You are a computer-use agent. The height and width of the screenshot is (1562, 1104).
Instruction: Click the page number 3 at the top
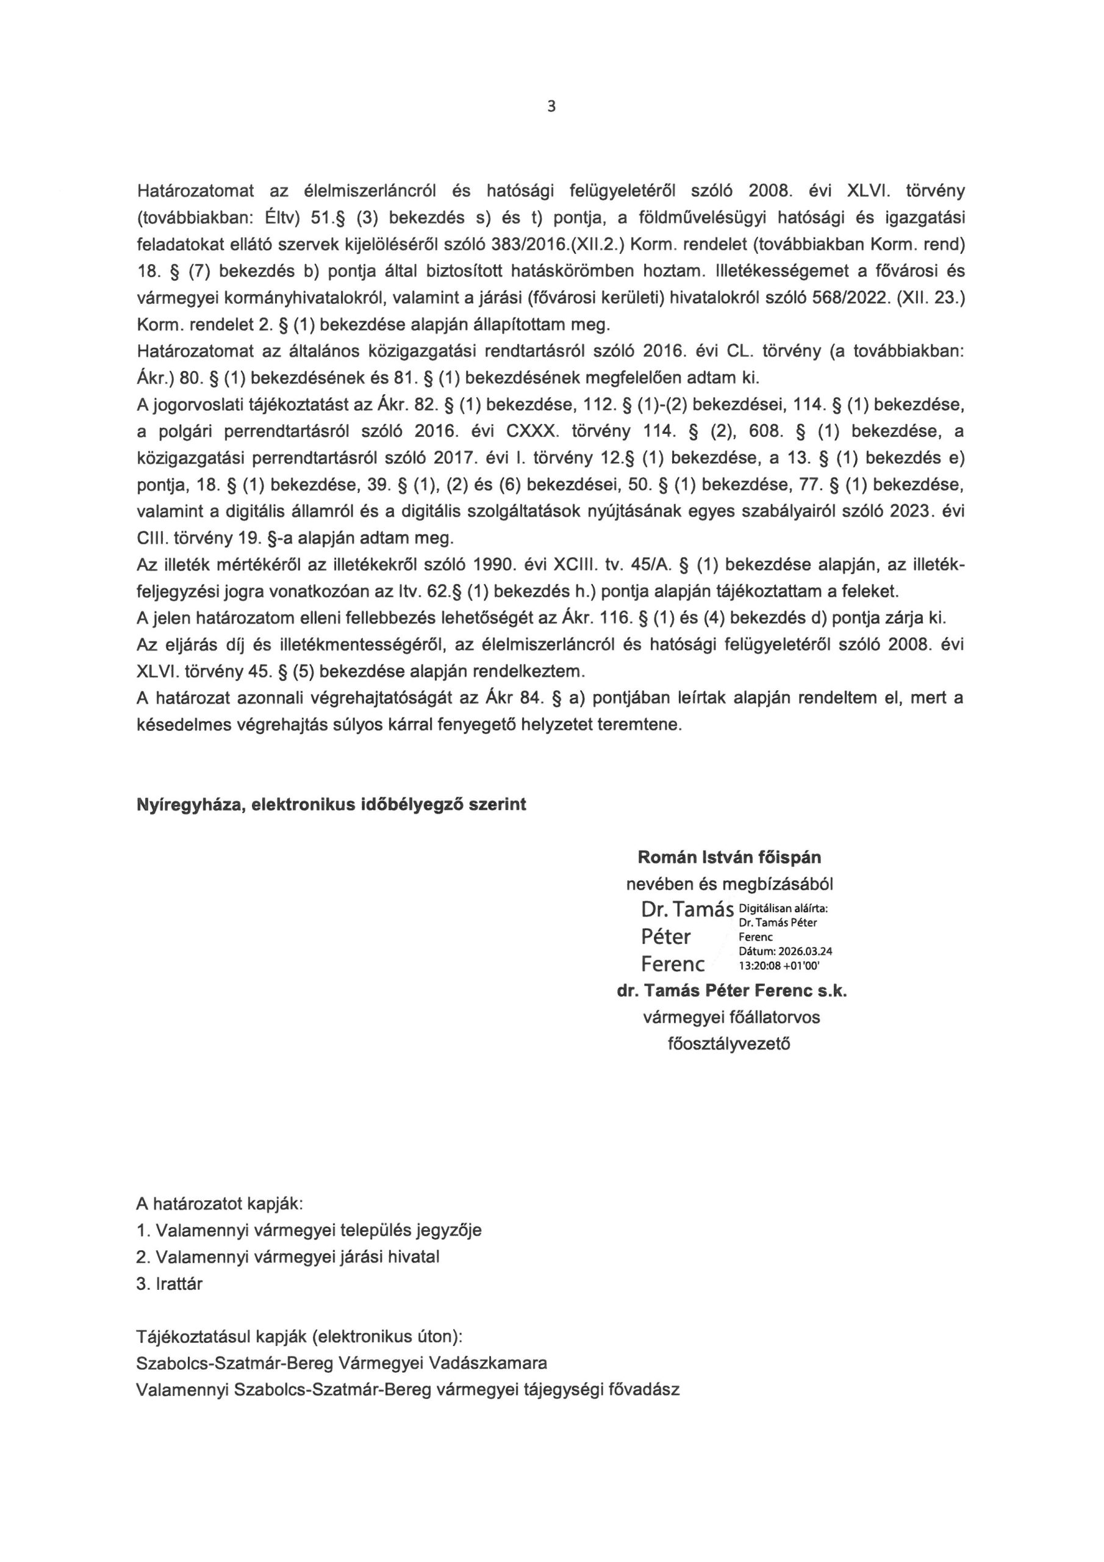pos(551,107)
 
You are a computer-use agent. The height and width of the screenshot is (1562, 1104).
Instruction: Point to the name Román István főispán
pos(729,857)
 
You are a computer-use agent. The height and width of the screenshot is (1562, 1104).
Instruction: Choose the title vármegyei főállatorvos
pos(731,1017)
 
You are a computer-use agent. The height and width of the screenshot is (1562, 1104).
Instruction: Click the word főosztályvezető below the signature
pos(729,1043)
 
